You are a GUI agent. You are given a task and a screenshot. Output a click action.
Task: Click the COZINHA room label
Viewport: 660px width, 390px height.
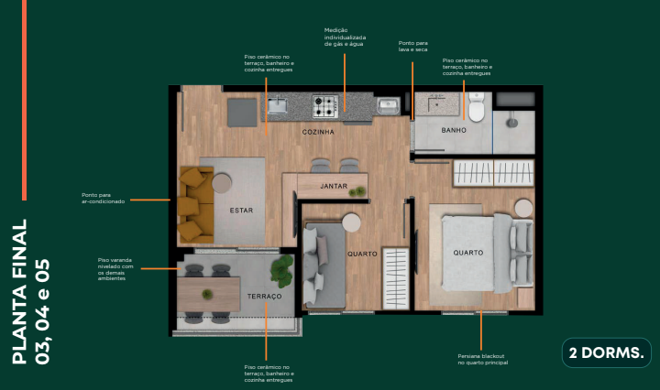[x=318, y=132]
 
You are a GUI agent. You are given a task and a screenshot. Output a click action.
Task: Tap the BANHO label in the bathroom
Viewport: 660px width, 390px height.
[x=454, y=131]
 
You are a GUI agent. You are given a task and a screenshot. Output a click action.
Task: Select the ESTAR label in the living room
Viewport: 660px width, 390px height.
[x=241, y=211]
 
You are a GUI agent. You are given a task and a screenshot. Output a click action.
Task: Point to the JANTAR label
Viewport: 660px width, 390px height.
[x=333, y=186]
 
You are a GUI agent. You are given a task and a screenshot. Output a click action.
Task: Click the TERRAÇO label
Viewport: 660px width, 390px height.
[x=264, y=298]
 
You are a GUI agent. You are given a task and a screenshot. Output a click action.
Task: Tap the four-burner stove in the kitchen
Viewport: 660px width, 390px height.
[x=325, y=106]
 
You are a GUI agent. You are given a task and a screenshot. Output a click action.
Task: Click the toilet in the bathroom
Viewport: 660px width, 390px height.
[x=476, y=108]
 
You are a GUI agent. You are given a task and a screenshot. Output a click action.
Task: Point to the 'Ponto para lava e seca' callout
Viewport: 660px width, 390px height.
[x=412, y=46]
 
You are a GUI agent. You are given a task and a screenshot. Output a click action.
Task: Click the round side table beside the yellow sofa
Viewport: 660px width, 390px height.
[x=222, y=182]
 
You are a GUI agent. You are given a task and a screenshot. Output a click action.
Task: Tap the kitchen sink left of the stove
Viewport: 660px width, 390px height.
[x=277, y=107]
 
